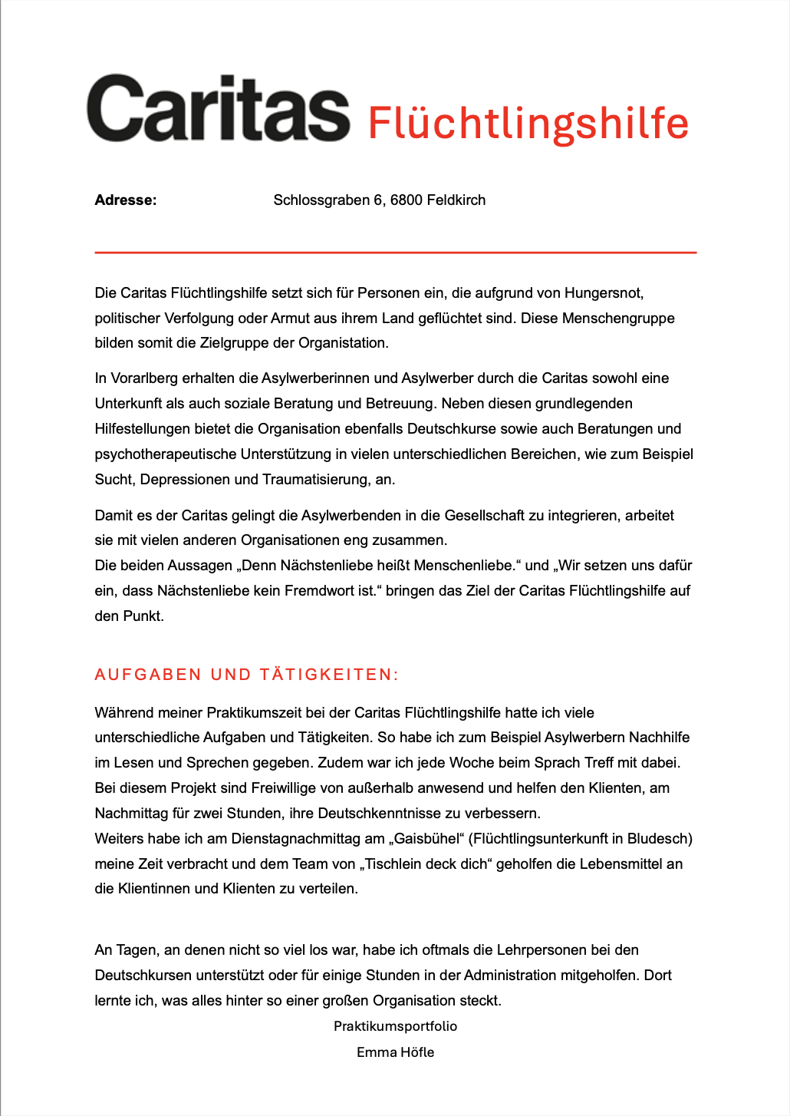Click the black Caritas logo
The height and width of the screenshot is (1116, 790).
tap(218, 109)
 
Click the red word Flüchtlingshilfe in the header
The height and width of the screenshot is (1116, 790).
tap(528, 123)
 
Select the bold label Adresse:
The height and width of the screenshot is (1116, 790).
tap(126, 200)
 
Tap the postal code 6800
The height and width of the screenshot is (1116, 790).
tap(406, 200)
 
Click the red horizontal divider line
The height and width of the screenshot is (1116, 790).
tap(395, 252)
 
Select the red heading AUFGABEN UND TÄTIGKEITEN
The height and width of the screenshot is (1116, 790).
tap(246, 675)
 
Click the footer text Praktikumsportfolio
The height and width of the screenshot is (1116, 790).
tap(395, 1026)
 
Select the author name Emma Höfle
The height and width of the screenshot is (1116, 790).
tap(395, 1052)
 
